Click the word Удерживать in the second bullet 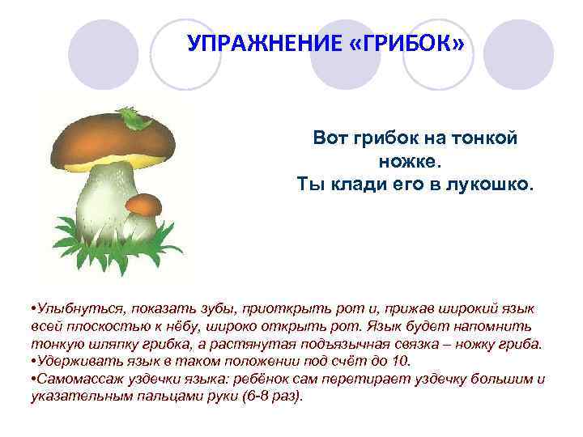point(74,361)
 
